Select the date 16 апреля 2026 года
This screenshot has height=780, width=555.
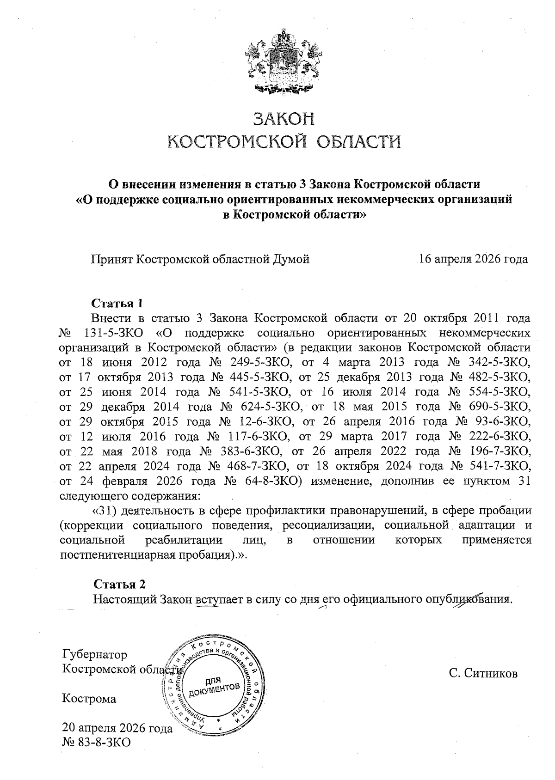pos(473,259)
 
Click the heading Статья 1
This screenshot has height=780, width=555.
pos(118,304)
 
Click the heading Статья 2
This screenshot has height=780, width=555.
pos(119,584)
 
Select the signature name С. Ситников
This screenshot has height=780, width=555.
pos(483,673)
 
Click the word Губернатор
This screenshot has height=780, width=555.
pos(94,655)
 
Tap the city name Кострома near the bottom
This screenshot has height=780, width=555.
pos(89,699)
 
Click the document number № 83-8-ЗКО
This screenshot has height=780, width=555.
pos(96,743)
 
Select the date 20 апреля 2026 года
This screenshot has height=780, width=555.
pos(117,729)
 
